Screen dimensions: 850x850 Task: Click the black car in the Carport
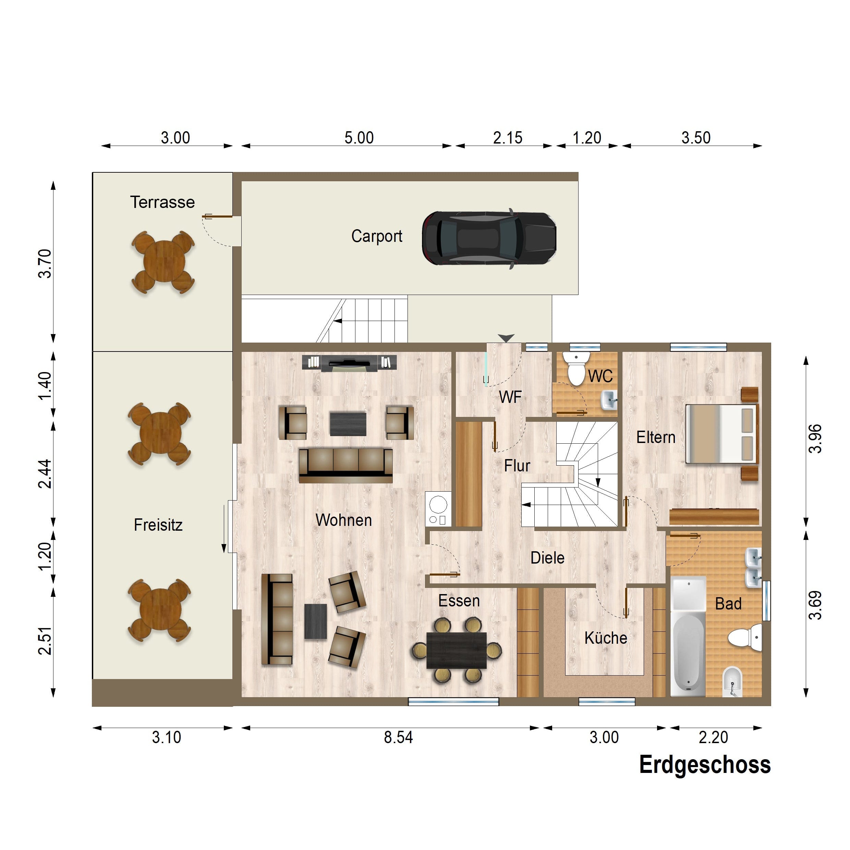click(x=489, y=238)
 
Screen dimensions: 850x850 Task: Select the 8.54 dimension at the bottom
click(x=398, y=737)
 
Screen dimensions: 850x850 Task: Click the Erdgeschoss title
click(x=705, y=765)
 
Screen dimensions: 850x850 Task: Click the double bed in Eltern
click(x=722, y=434)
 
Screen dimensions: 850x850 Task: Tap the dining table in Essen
click(x=457, y=650)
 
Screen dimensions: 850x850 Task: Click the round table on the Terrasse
click(x=163, y=262)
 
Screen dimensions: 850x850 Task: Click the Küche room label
click(x=606, y=638)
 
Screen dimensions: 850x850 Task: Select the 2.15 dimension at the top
click(x=508, y=138)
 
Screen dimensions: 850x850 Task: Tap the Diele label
click(x=547, y=558)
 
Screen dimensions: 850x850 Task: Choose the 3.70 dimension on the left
click(x=45, y=263)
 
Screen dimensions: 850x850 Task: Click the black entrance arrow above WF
click(x=506, y=338)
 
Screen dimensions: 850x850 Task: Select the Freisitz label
click(x=158, y=525)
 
